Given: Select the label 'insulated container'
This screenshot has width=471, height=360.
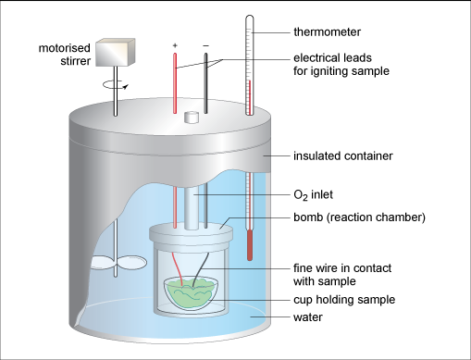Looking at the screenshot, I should [x=338, y=156].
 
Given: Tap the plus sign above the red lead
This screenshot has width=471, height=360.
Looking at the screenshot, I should [x=174, y=44].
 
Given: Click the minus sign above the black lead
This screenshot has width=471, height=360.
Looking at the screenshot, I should [x=205, y=44].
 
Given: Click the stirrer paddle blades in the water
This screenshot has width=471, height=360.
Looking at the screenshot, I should [x=113, y=264].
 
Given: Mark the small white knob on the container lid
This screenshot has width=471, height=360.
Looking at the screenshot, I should [x=192, y=118].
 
